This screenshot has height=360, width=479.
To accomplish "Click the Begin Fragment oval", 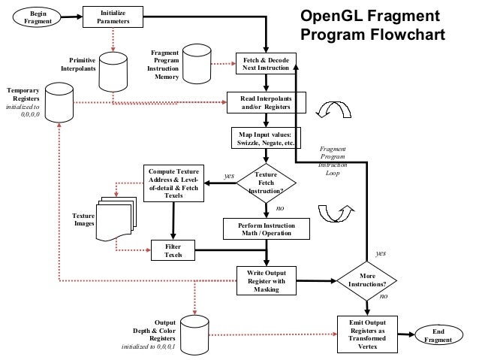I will [37, 17].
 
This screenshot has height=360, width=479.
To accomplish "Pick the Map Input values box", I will [266, 138].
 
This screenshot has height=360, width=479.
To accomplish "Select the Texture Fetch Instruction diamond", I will [266, 183].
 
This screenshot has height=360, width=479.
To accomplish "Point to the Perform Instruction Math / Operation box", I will [266, 229].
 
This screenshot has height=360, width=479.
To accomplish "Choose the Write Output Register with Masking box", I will [266, 281].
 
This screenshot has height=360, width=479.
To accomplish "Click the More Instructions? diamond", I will [367, 281].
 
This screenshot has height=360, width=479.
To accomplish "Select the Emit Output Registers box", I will [367, 333].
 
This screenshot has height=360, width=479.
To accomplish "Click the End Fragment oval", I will [438, 335].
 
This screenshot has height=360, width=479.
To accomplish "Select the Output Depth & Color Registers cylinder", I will [194, 332].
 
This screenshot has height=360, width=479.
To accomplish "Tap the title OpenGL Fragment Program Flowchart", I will [372, 27].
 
